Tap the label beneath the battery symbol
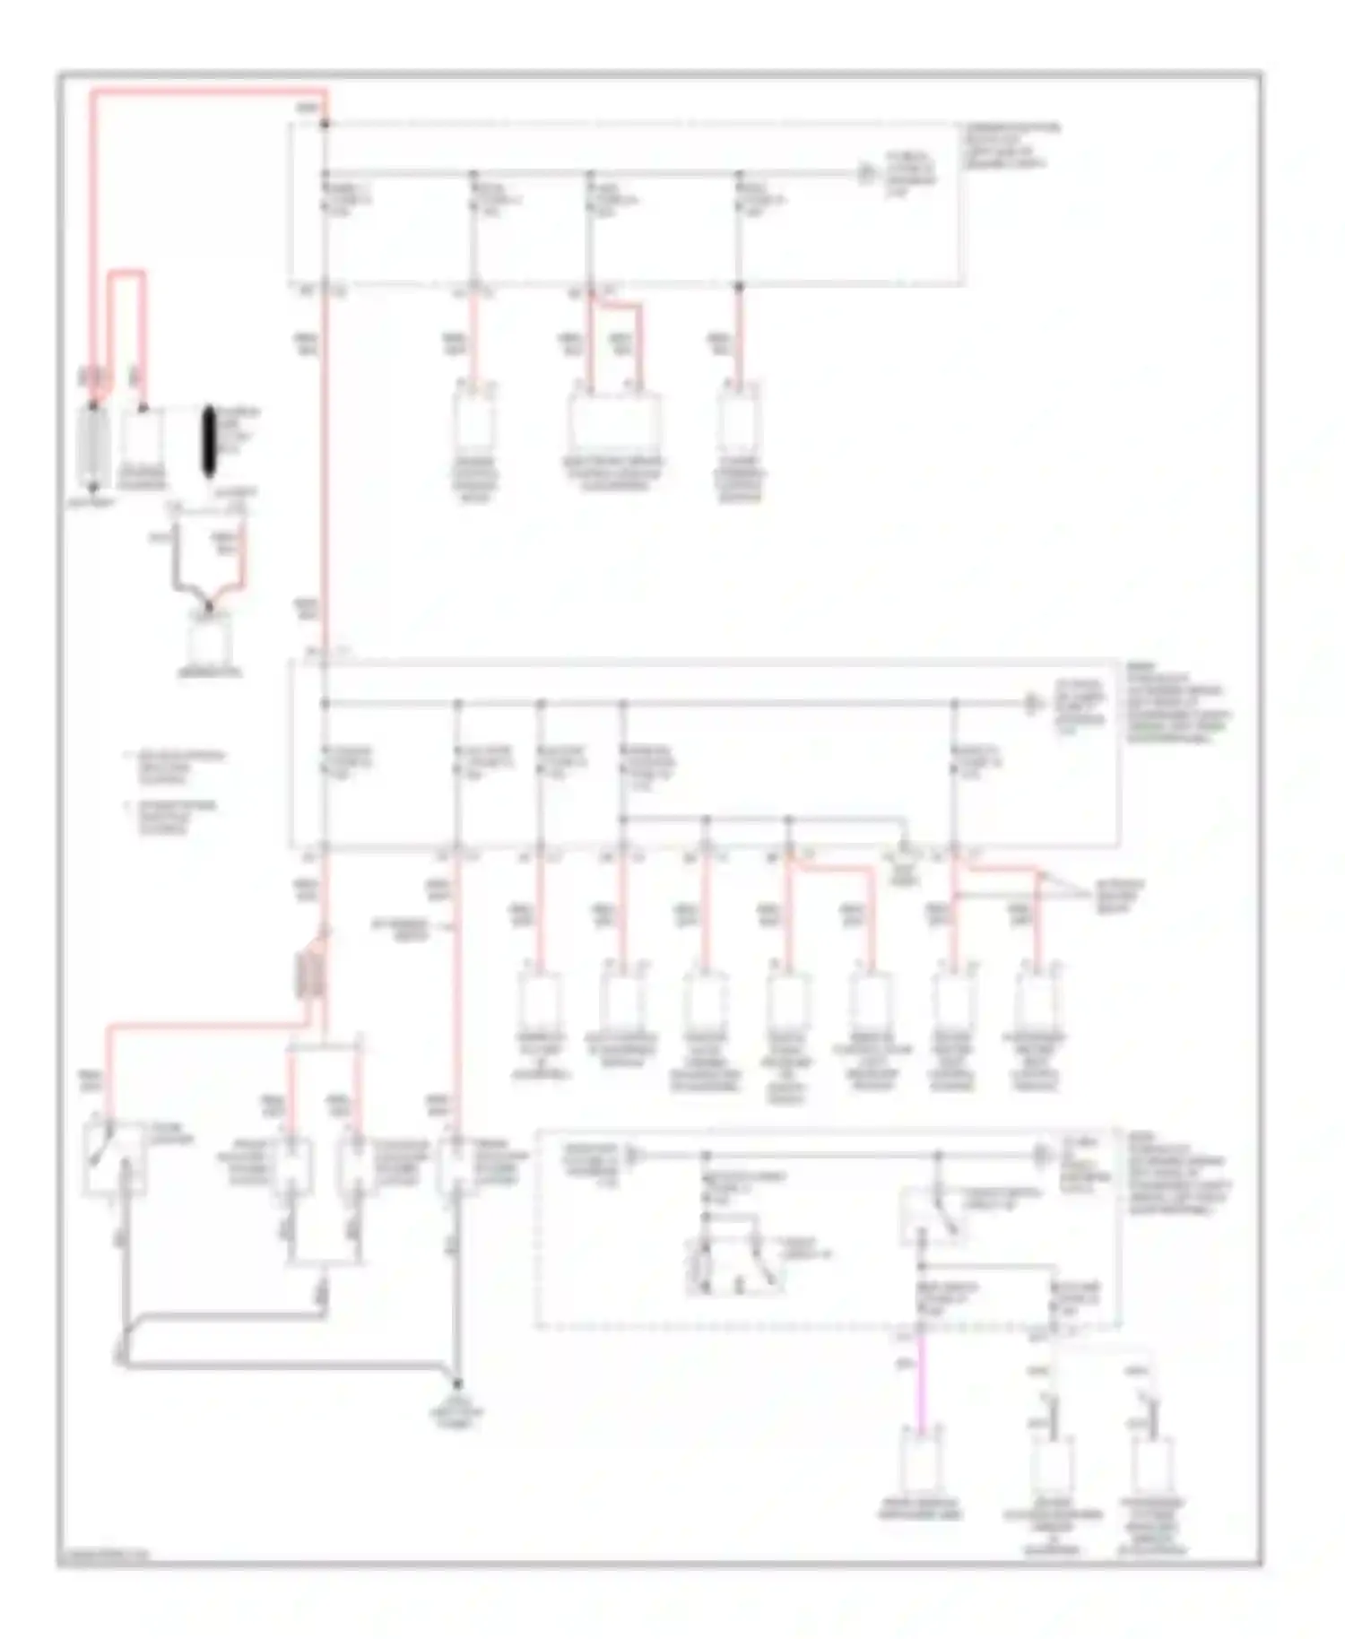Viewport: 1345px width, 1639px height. pos(91,504)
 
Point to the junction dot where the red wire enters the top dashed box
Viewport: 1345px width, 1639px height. pos(325,124)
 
